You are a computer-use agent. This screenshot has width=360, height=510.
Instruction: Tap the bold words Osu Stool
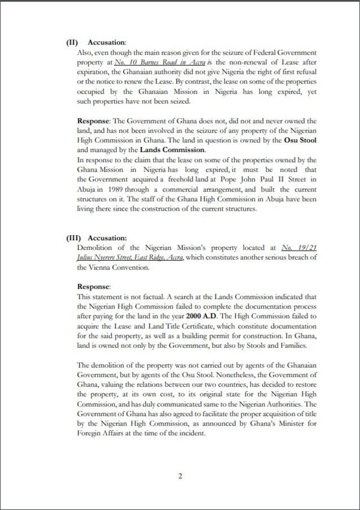[x=301, y=141]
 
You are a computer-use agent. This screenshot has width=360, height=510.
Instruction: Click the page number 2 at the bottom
[x=180, y=476]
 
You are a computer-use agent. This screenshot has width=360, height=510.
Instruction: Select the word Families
[x=302, y=345]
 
